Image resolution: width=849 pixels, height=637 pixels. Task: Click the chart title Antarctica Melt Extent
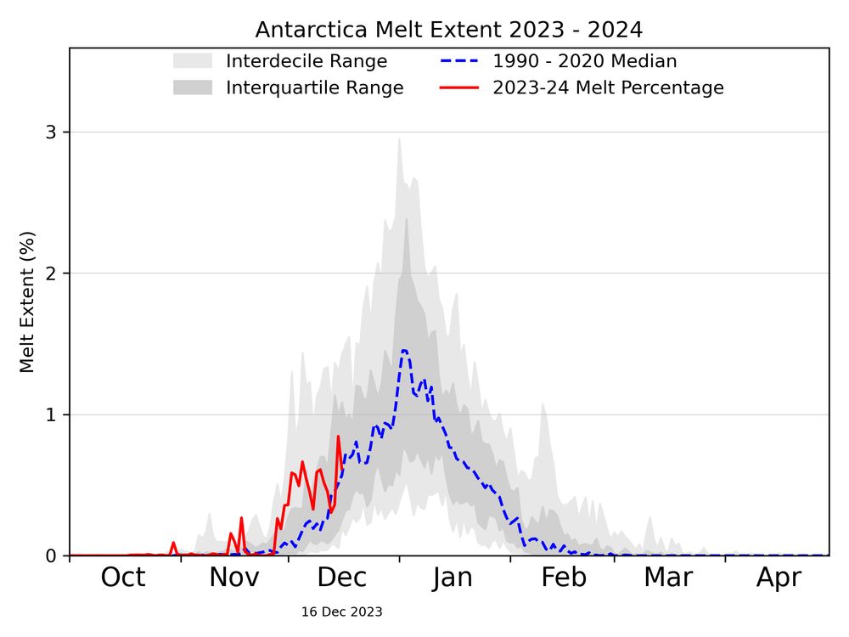point(448,30)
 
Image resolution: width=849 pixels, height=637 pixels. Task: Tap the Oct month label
point(123,578)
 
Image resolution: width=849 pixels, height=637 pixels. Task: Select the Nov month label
point(234,578)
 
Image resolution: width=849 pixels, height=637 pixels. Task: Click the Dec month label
point(341,578)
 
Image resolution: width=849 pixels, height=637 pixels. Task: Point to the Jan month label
point(452,578)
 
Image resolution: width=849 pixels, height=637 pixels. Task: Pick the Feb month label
point(564,578)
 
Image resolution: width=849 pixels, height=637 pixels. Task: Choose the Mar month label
point(668,578)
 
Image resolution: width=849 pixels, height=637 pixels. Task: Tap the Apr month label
point(779,578)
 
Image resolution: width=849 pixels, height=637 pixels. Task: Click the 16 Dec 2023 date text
point(341,612)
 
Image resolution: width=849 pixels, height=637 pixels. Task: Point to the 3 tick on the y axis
point(51,132)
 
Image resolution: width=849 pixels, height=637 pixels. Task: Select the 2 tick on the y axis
point(51,273)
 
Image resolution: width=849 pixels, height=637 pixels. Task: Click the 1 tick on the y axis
point(51,414)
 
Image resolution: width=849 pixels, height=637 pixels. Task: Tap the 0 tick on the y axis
point(51,555)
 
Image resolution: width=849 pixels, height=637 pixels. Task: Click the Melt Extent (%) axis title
point(27,302)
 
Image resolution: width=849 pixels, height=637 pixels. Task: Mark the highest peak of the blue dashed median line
point(404,350)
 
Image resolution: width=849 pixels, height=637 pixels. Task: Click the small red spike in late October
point(173,543)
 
